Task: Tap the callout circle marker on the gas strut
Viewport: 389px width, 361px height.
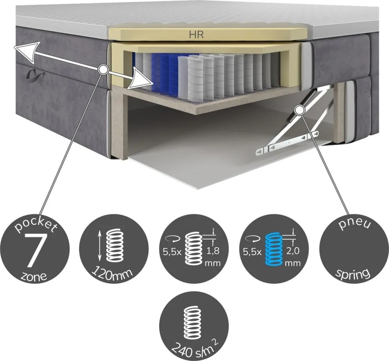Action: click(300, 110)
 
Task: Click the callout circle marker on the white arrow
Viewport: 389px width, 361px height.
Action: click(103, 69)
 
